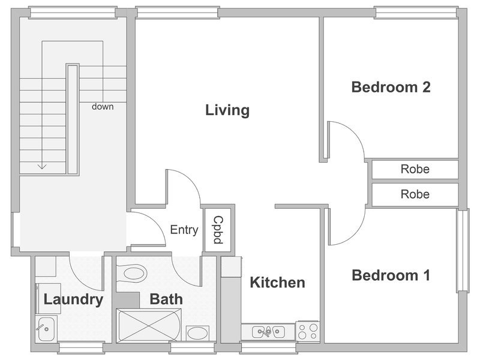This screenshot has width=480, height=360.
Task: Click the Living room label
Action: [227, 110]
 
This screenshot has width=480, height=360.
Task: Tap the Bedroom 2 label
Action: [391, 87]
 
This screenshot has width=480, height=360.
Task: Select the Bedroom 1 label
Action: [391, 275]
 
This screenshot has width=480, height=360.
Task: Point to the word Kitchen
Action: [277, 283]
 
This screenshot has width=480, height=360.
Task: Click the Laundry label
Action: [73, 299]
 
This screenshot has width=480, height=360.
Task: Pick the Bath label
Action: [166, 299]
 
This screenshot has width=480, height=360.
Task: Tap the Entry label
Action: [184, 230]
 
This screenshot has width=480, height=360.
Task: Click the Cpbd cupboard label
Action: [218, 230]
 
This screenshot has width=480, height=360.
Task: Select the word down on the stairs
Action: [103, 107]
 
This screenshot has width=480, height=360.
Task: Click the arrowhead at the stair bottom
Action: [42, 167]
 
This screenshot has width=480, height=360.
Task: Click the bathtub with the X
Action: [149, 325]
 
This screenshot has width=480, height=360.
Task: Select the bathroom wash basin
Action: [197, 334]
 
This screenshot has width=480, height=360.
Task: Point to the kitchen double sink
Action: [268, 332]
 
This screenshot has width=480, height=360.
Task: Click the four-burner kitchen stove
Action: [308, 331]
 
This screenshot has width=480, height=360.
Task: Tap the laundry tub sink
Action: [45, 329]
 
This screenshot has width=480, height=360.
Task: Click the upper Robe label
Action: [415, 169]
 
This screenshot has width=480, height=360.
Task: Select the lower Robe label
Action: [415, 194]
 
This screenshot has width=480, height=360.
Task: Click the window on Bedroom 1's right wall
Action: [463, 250]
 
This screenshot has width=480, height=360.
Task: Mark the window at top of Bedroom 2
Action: [416, 12]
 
